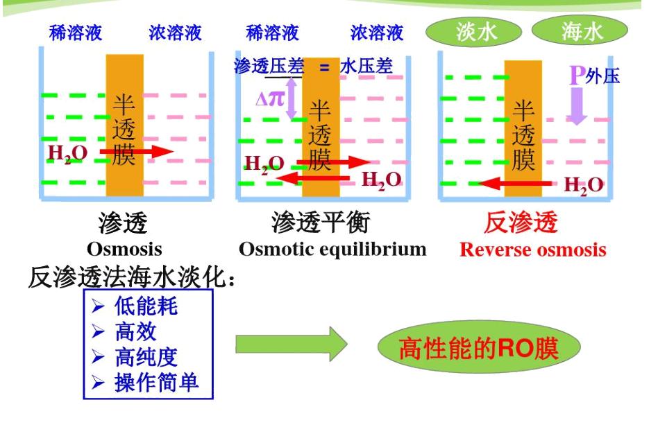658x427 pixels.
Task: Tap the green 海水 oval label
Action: point(580,33)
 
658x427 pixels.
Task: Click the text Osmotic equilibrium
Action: point(332,249)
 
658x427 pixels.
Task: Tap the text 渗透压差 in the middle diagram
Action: point(271,67)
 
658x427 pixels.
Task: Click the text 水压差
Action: point(366,67)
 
